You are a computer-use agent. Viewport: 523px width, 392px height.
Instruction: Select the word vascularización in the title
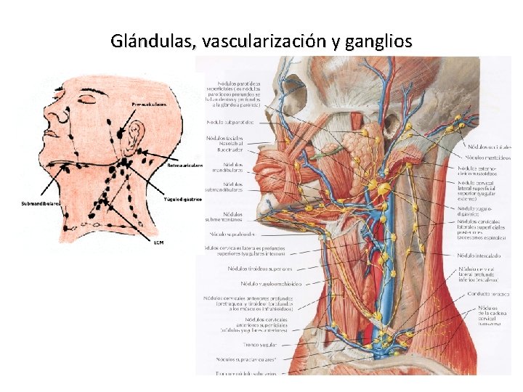(x=264, y=41)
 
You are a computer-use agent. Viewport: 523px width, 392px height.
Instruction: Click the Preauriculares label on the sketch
(x=149, y=105)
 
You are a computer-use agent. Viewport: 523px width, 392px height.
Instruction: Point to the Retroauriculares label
(x=185, y=166)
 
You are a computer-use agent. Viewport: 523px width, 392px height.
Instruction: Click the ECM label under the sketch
(x=159, y=242)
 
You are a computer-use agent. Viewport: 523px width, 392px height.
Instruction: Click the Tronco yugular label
(x=243, y=346)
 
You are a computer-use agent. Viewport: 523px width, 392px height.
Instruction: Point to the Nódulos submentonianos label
(x=226, y=217)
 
